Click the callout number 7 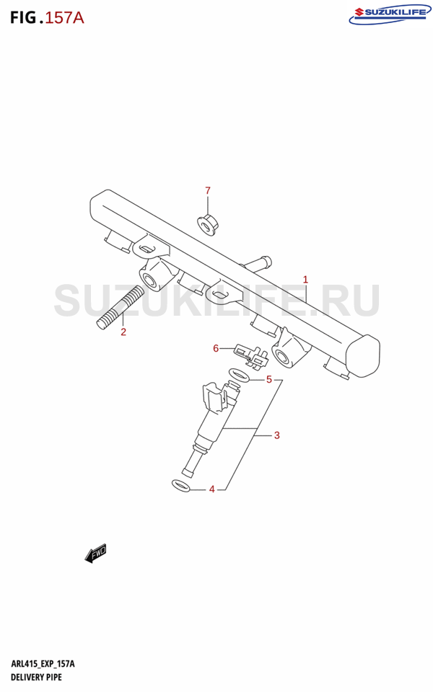(x=208, y=190)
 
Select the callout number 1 (x=305, y=280)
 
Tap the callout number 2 (x=123, y=332)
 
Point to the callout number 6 (x=216, y=349)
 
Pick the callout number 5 (x=268, y=380)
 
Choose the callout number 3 (x=276, y=435)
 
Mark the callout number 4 (x=212, y=489)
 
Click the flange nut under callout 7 (x=206, y=226)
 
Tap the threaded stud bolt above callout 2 (x=120, y=308)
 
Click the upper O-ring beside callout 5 (x=239, y=376)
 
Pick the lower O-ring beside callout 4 (x=180, y=485)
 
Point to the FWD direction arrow (x=96, y=553)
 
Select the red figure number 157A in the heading (x=64, y=17)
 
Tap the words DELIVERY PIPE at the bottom (x=36, y=677)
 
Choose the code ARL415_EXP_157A (x=43, y=664)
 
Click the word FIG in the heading (x=23, y=17)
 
